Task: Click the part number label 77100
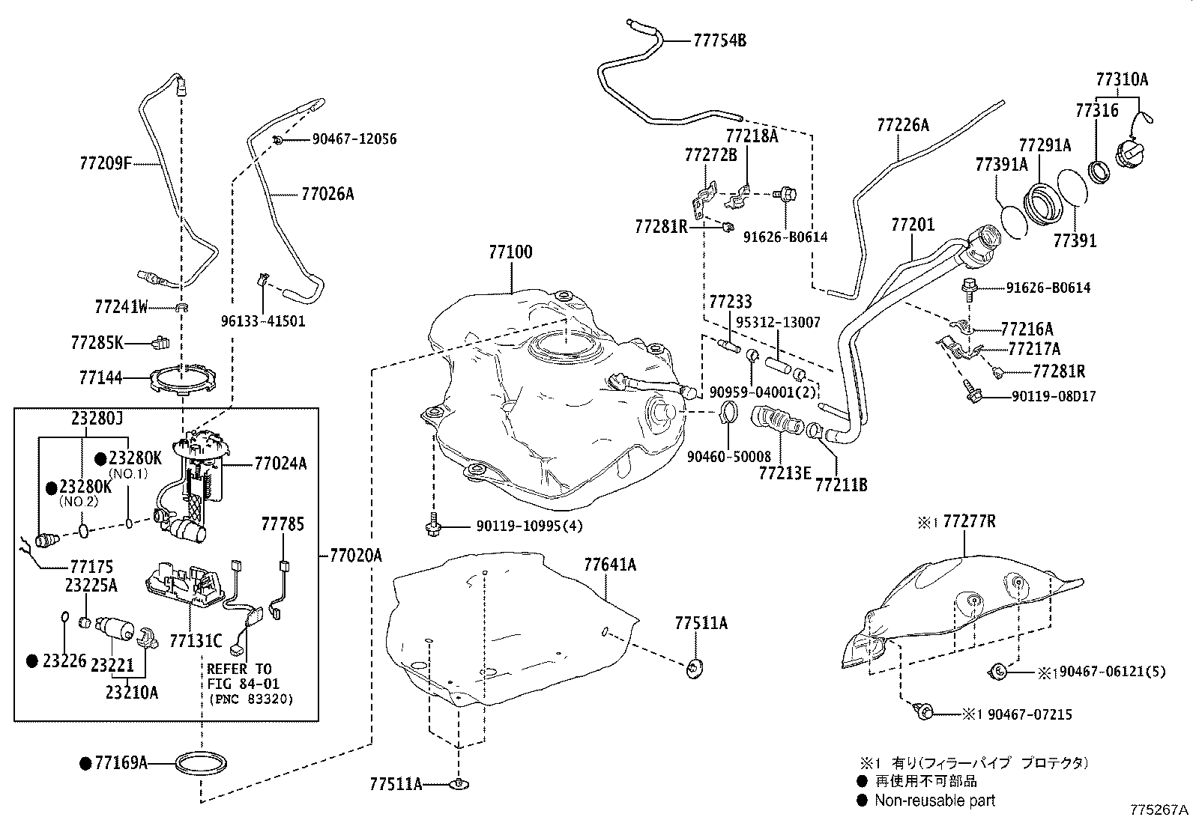point(510,252)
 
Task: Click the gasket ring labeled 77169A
point(201,765)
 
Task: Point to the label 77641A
point(610,565)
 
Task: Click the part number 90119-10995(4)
point(528,526)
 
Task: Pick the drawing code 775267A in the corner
point(1159,810)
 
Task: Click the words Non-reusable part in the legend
point(934,800)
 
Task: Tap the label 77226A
point(903,124)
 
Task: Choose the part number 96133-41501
point(263,321)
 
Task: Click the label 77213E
point(785,473)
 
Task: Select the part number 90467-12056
point(345,139)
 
